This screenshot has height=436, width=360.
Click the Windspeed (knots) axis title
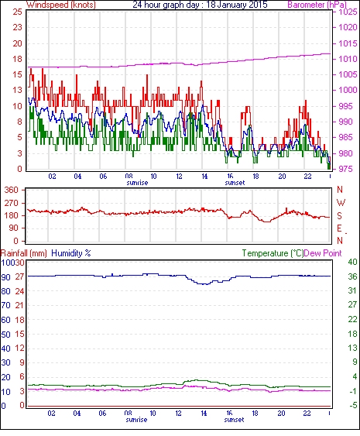point(61,5)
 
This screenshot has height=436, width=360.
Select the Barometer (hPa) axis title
point(317,5)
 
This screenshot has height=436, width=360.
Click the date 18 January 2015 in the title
point(237,5)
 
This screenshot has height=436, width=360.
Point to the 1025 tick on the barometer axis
point(348,12)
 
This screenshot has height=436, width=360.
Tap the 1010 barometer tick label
point(348,59)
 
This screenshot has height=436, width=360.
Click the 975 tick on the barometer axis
point(346,169)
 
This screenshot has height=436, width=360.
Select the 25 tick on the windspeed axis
point(17,12)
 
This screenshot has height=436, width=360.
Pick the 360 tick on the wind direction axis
point(12,190)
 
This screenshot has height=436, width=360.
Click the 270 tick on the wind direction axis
point(12,203)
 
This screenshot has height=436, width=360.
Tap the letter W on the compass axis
point(341,202)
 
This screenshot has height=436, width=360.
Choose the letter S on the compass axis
point(339,215)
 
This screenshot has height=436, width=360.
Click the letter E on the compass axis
point(339,228)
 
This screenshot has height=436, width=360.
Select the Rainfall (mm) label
point(24,253)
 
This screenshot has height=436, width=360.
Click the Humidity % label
point(71,253)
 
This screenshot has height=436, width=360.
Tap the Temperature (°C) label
point(273,253)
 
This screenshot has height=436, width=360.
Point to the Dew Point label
point(323,253)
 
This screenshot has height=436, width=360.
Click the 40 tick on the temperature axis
point(352,262)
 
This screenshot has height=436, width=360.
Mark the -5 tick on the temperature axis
point(352,405)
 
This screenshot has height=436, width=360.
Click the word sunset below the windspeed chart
point(235,183)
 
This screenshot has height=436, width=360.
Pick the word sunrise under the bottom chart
point(136,419)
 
